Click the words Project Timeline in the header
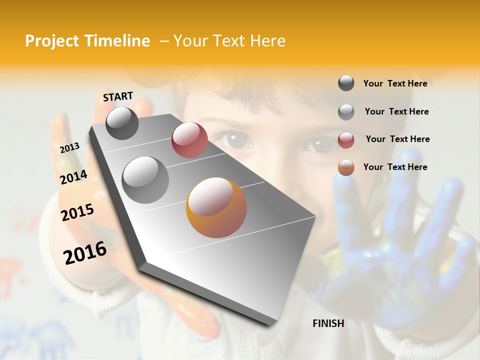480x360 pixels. point(87,41)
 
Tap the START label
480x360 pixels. point(118,96)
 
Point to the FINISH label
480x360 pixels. point(328,323)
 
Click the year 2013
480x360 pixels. point(69,148)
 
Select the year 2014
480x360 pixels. point(73,177)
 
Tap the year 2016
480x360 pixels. point(85,252)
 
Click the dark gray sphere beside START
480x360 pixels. point(122,123)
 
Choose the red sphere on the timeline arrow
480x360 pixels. point(189,140)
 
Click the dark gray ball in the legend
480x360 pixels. point(346,83)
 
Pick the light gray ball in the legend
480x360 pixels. point(346,112)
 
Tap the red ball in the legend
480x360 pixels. point(346,140)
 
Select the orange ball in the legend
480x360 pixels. point(346,167)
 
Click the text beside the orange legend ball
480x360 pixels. point(395,167)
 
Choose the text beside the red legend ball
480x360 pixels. point(397,139)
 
